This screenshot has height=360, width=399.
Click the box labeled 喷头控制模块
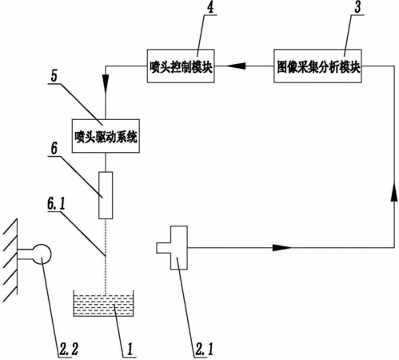click(x=181, y=66)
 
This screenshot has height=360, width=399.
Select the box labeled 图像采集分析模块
click(x=317, y=66)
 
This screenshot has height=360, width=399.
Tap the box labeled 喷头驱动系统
click(x=106, y=136)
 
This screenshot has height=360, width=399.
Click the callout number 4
click(x=210, y=7)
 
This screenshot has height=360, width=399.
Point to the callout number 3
click(x=357, y=7)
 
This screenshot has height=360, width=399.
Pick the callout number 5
click(x=54, y=76)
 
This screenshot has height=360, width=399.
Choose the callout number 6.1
click(x=56, y=204)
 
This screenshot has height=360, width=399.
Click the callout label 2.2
click(x=69, y=350)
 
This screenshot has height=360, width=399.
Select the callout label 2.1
click(x=204, y=350)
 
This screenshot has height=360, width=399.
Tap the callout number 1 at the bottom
click(x=130, y=350)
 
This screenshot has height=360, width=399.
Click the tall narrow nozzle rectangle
click(x=106, y=195)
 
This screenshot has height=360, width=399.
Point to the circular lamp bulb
click(x=42, y=254)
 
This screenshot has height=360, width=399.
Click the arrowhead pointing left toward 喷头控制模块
click(x=236, y=66)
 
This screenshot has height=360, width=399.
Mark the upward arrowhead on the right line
click(x=394, y=191)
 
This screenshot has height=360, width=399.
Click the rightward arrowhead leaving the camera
click(x=282, y=248)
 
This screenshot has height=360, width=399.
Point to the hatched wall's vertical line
click(x=18, y=257)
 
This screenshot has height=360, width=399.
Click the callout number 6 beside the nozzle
click(x=54, y=148)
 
